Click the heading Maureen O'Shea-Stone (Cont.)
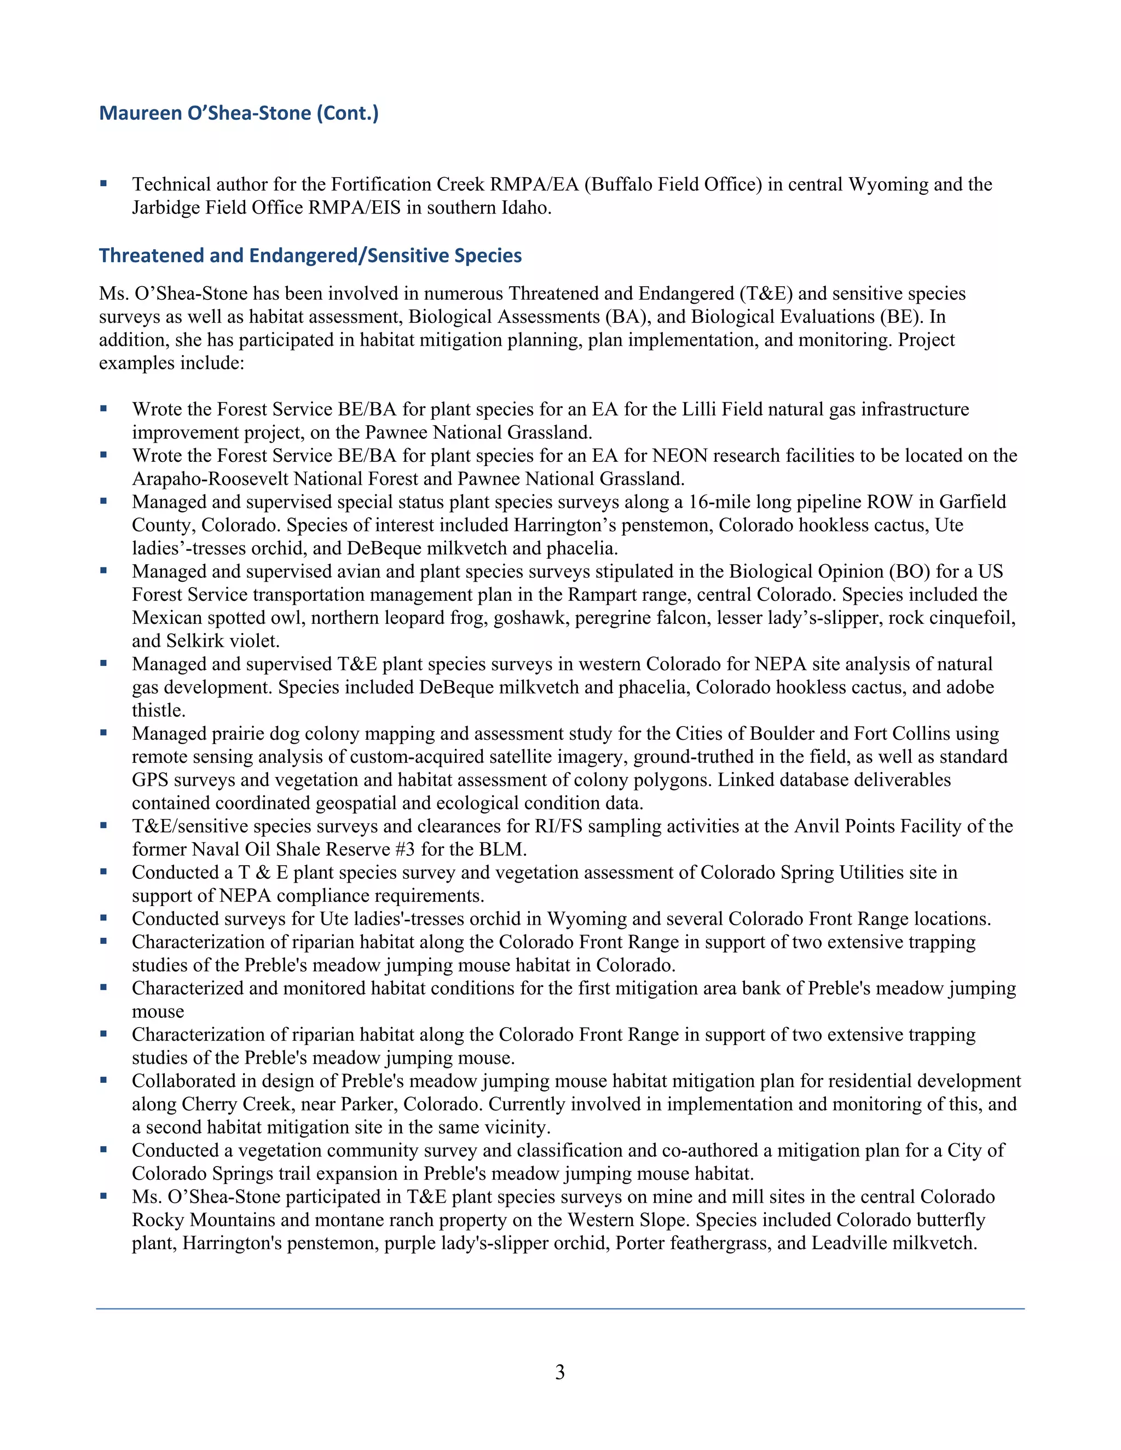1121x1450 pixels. [239, 113]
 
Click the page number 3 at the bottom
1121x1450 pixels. [560, 1372]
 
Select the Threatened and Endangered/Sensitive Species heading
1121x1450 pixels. [310, 256]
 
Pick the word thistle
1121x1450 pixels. [158, 710]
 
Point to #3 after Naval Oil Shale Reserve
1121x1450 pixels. [404, 850]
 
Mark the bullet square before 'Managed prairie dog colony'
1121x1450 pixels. [103, 733]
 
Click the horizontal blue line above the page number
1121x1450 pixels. [560, 1309]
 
